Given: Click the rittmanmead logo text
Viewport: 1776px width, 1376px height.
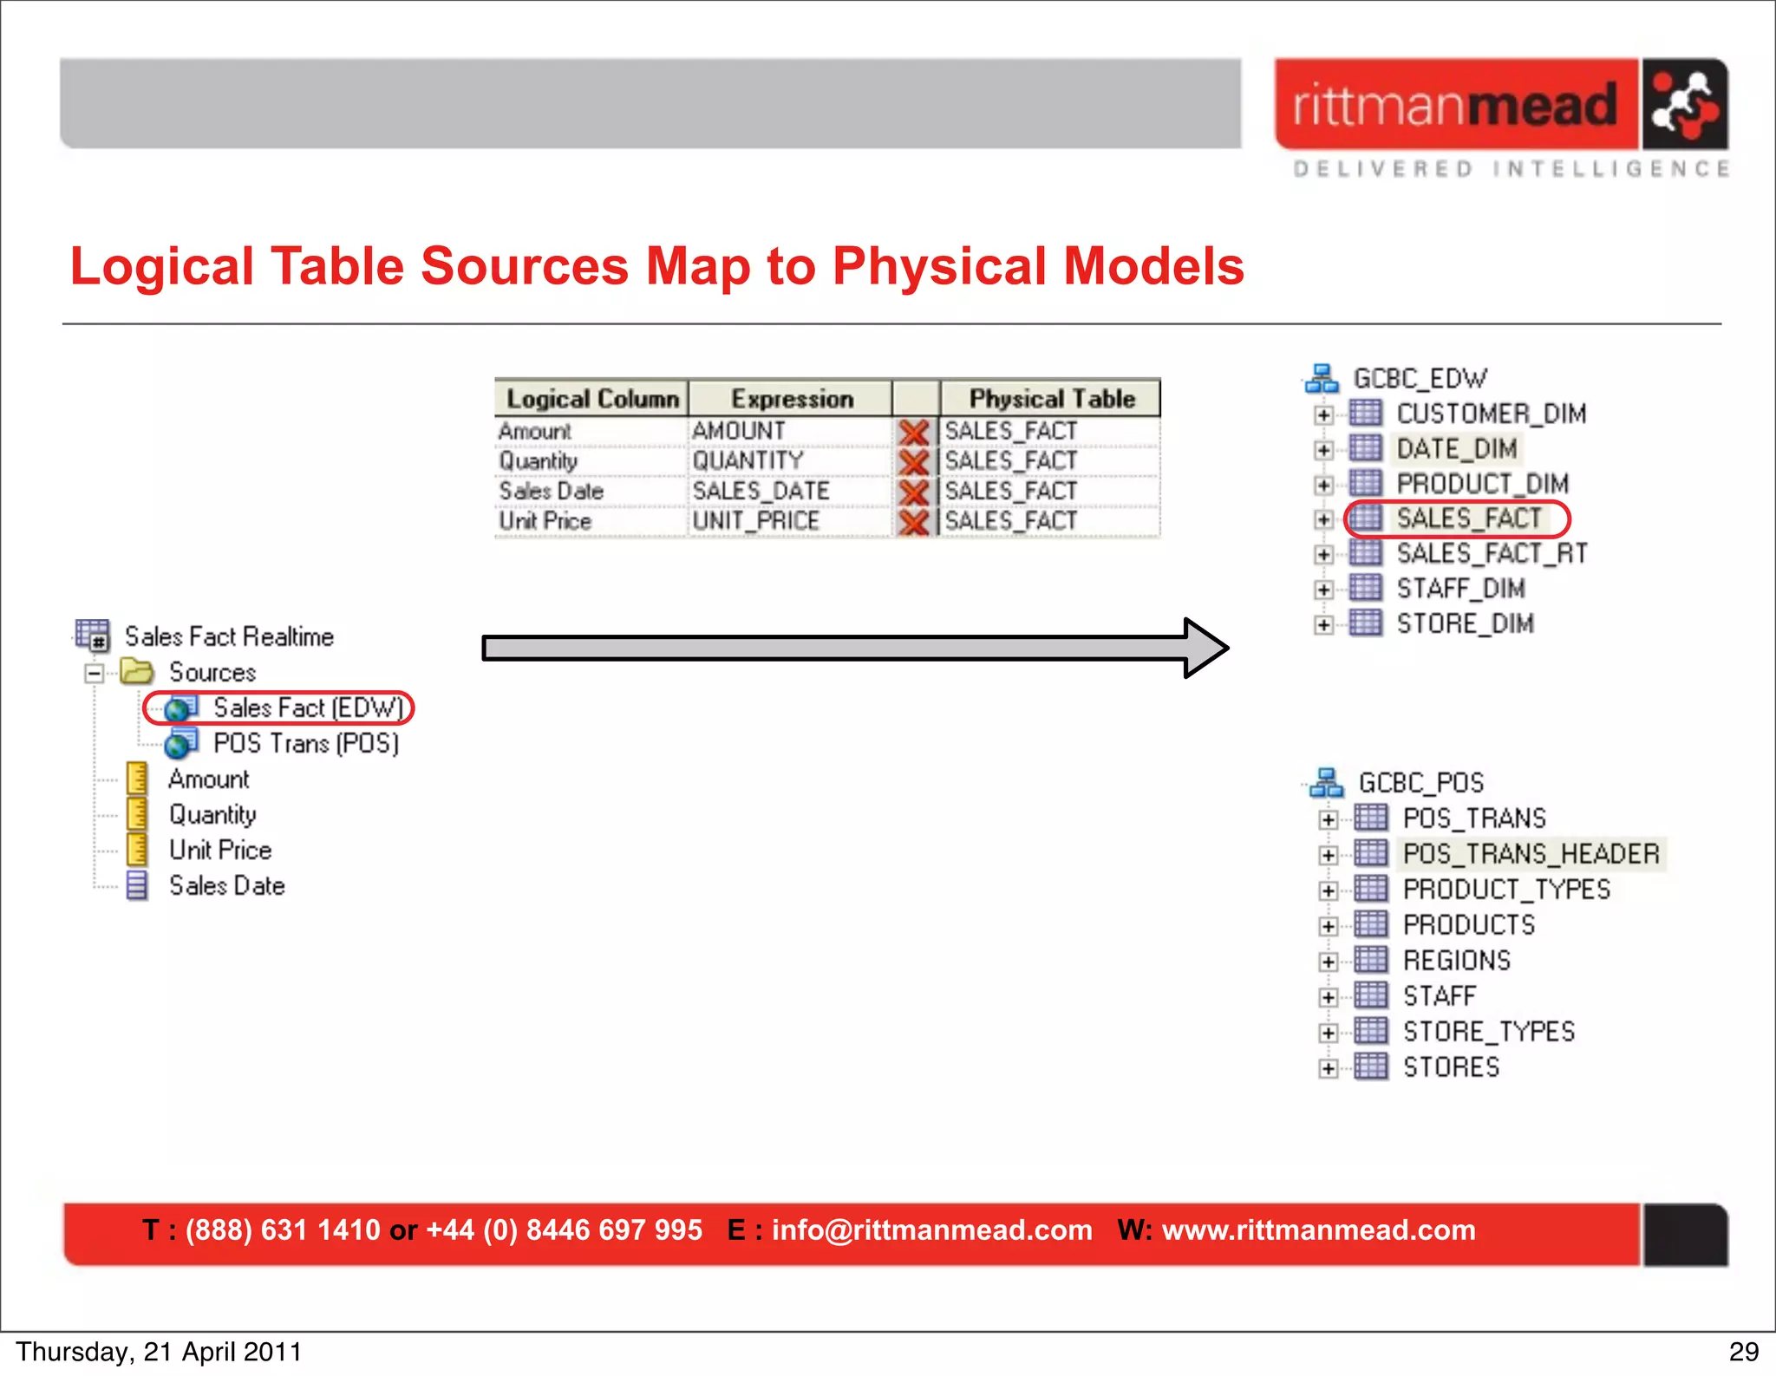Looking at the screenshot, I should tap(1455, 105).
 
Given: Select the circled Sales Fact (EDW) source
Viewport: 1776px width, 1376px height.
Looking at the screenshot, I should tap(307, 708).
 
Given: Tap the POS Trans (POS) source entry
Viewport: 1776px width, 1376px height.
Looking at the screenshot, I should tap(305, 744).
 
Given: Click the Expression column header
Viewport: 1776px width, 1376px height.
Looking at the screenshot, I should tap(791, 399).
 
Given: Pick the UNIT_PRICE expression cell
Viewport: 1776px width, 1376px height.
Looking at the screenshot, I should tap(755, 521).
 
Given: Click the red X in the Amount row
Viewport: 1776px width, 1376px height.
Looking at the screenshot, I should tap(914, 432).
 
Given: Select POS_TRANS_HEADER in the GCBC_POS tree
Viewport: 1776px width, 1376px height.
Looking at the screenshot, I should tap(1531, 854).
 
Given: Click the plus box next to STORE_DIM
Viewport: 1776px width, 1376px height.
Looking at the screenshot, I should tap(1323, 624).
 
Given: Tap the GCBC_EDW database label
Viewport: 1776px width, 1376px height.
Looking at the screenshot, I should tap(1420, 379).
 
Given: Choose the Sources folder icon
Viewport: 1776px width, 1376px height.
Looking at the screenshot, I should tap(137, 672).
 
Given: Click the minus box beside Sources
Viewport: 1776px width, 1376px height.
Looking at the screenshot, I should tap(95, 673).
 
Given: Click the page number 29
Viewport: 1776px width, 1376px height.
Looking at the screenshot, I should tap(1743, 1352).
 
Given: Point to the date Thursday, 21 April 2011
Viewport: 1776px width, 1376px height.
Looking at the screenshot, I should tap(159, 1352).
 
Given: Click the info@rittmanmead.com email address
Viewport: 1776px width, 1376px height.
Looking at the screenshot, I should tap(931, 1229).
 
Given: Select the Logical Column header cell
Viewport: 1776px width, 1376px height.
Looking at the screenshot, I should tap(592, 399).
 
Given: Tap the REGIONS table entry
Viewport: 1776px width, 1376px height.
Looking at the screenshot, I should tap(1456, 961).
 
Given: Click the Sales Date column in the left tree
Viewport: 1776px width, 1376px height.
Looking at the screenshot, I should tap(226, 886).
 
